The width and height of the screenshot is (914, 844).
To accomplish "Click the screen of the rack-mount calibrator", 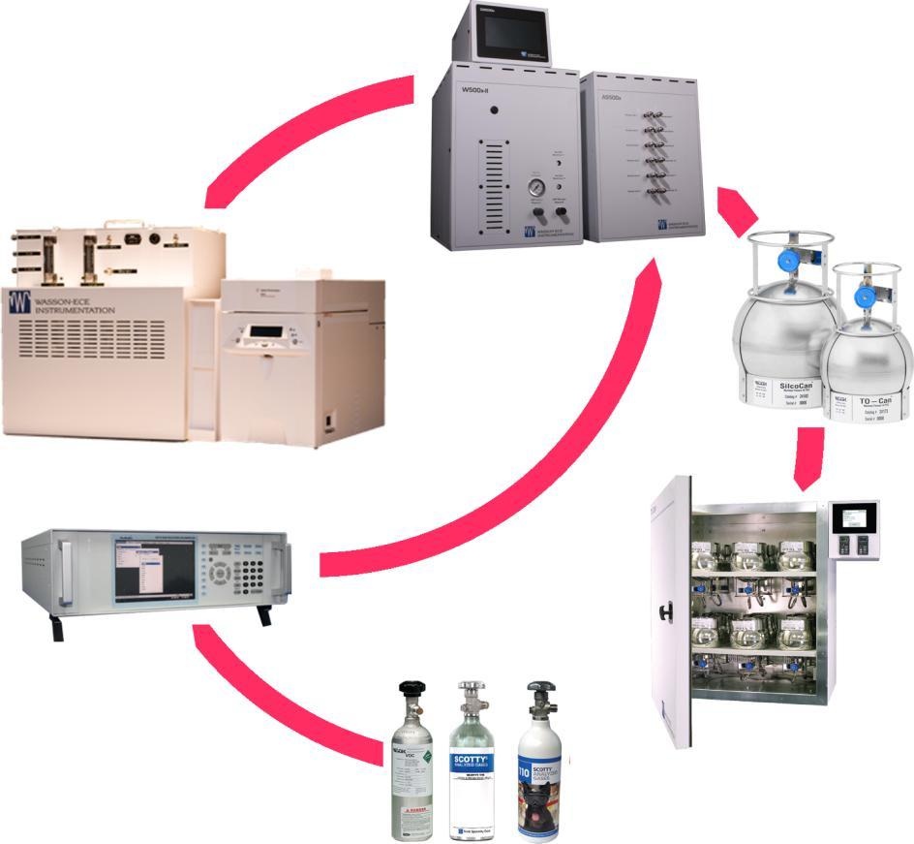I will [151, 573].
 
